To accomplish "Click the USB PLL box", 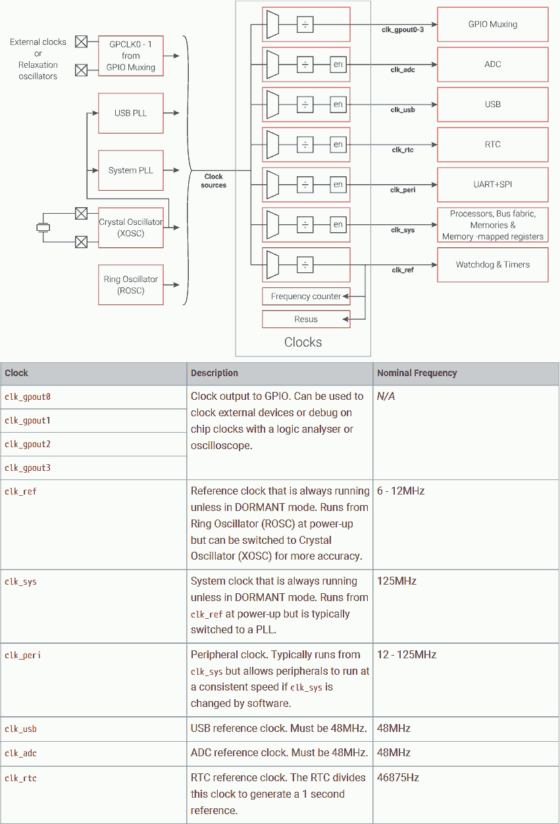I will pyautogui.click(x=130, y=113).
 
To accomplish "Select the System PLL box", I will pyautogui.click(x=130, y=170).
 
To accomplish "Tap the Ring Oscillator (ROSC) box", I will pyautogui.click(x=130, y=285).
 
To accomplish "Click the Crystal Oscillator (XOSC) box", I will pyautogui.click(x=130, y=228).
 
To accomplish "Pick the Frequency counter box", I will pyautogui.click(x=305, y=297).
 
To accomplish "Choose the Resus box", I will pyautogui.click(x=305, y=320).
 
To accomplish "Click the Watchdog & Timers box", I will pyautogui.click(x=492, y=264).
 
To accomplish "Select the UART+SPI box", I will pyautogui.click(x=492, y=184).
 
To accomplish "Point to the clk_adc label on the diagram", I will pyautogui.click(x=403, y=69).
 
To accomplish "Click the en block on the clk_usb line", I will pyautogui.click(x=338, y=104).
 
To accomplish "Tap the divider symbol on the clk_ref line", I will pyautogui.click(x=305, y=264).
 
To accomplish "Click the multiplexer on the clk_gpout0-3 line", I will pyautogui.click(x=272, y=25).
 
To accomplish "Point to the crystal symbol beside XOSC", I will pyautogui.click(x=43, y=228).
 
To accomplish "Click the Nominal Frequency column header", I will pyautogui.click(x=417, y=373).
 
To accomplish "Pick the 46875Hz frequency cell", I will pyautogui.click(x=398, y=777).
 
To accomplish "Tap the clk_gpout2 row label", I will pyautogui.click(x=28, y=444).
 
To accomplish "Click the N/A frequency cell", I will pyautogui.click(x=386, y=397).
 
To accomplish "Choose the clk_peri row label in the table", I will pyautogui.click(x=22, y=655).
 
